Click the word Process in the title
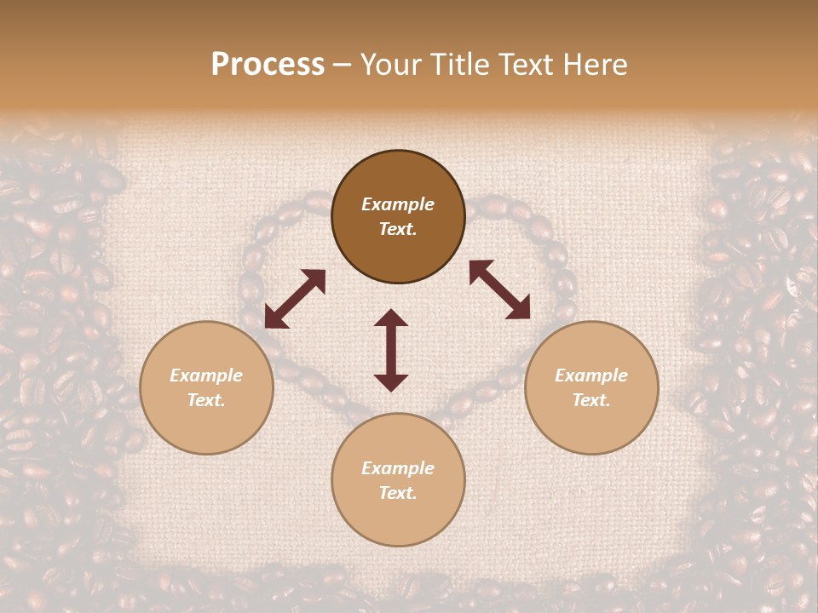[268, 65]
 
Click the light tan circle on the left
[206, 387]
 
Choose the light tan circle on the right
[591, 387]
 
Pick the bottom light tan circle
[398, 479]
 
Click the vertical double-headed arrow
[391, 350]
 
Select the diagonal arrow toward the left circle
[296, 299]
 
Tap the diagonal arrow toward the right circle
[500, 290]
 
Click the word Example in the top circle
[398, 204]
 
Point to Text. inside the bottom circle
[398, 493]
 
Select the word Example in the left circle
[206, 375]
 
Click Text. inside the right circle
[591, 400]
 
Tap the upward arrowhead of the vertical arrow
[391, 318]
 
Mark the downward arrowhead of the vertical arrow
[391, 382]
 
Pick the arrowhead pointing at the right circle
[520, 310]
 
